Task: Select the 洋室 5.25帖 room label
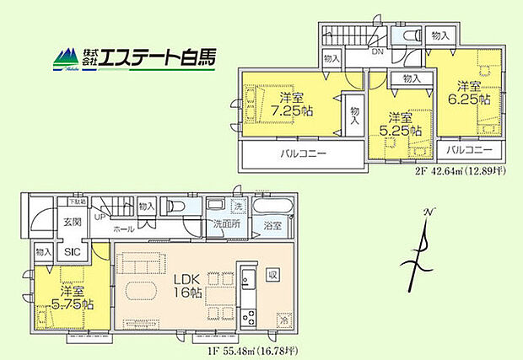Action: click(x=399, y=123)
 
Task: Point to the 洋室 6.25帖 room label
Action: click(x=466, y=92)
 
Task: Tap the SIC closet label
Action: click(x=73, y=251)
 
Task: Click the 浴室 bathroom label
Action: click(x=271, y=226)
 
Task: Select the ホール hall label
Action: click(x=123, y=228)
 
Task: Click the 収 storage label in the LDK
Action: click(x=272, y=275)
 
